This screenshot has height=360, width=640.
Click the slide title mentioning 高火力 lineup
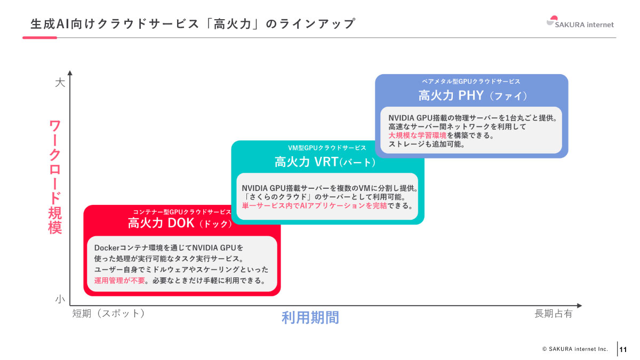[193, 24]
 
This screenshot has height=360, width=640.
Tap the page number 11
[623, 350]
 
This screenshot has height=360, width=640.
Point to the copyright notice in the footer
[575, 349]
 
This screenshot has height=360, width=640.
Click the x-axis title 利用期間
[310, 318]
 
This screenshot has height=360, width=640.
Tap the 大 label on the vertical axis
[60, 83]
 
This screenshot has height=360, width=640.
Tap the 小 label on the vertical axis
[60, 300]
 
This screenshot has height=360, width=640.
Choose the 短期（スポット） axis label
[109, 314]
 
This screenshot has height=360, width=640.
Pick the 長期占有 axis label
[553, 314]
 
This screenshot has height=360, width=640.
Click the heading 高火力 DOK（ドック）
[181, 223]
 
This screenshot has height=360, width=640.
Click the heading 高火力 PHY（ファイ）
[472, 95]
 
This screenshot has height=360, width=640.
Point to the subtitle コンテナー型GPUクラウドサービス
[182, 212]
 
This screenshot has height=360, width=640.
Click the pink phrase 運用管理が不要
[119, 281]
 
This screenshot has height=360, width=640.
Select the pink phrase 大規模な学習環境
[417, 135]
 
